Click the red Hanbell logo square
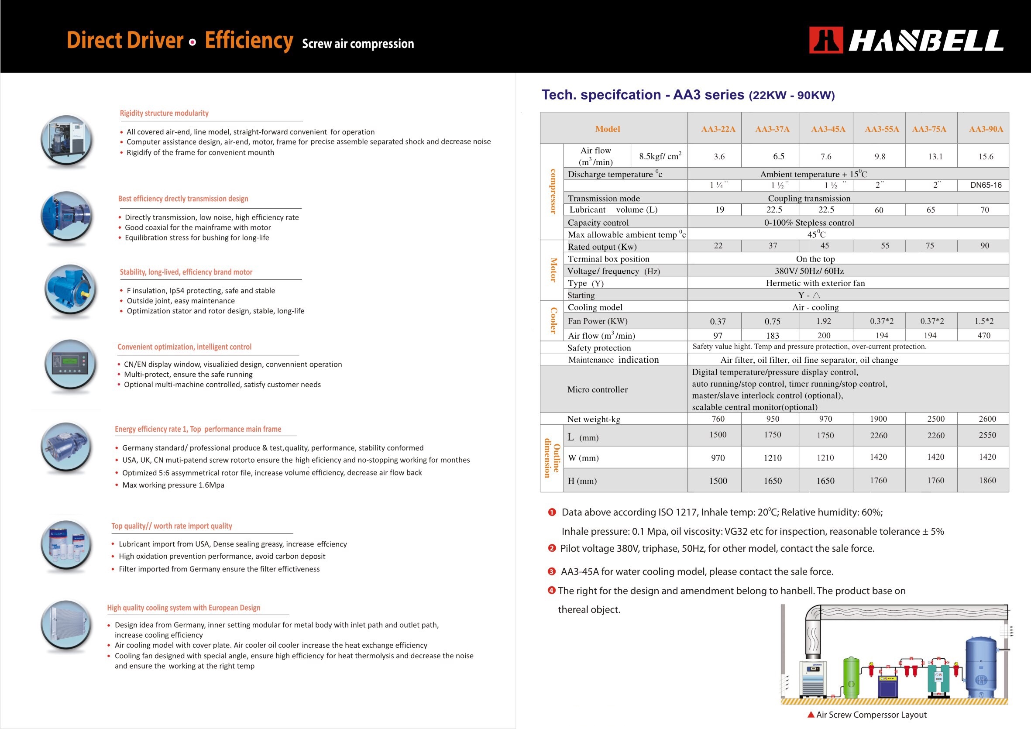tap(825, 40)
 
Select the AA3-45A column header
tap(828, 129)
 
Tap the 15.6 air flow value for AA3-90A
tap(986, 156)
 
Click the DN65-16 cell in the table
tap(986, 185)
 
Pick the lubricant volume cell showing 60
tap(879, 210)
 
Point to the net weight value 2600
tap(987, 419)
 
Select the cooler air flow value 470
tap(983, 335)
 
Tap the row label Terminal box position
tap(608, 259)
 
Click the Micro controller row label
tap(597, 389)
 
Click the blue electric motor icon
tap(70, 289)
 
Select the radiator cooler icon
tap(66, 625)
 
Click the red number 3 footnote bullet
tap(551, 571)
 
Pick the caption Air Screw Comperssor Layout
tap(871, 715)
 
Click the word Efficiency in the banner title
tap(249, 41)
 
